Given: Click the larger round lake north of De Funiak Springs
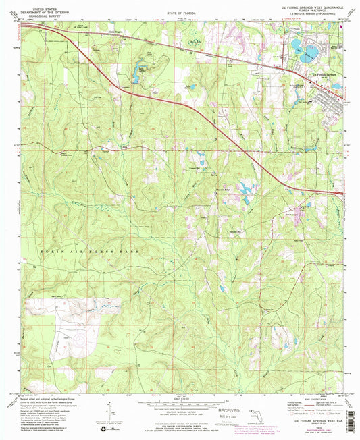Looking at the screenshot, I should tap(298, 46).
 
